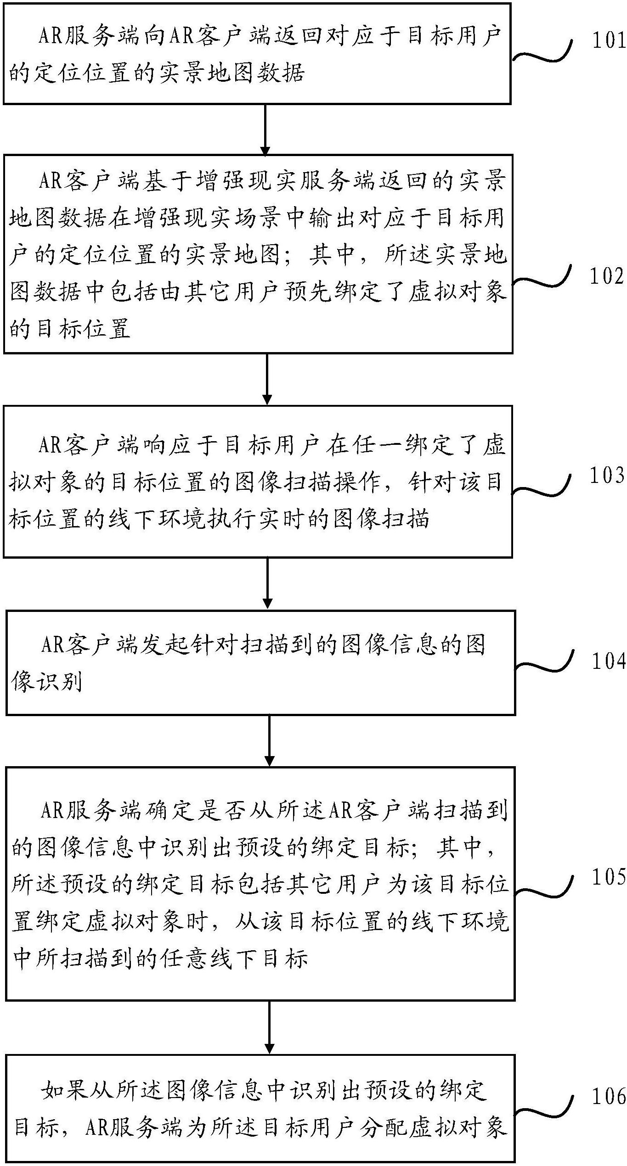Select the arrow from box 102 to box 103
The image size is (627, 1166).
[267, 379]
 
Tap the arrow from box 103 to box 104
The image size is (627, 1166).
[268, 583]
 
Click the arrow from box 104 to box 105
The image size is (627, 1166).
[270, 740]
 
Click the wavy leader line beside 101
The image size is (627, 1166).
[542, 53]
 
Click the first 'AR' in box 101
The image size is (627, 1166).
[51, 36]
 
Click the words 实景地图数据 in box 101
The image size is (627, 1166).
[232, 73]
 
